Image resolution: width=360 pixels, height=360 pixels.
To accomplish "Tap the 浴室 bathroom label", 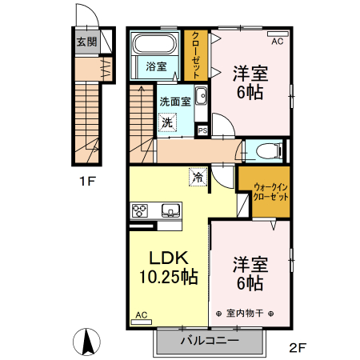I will pyautogui.click(x=156, y=66).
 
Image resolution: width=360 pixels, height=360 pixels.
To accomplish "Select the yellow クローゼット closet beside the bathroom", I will pyautogui.click(x=195, y=54).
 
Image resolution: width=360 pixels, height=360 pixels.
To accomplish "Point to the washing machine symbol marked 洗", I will pyautogui.click(x=167, y=122).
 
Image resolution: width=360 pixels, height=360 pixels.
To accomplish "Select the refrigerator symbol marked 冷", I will pyautogui.click(x=196, y=177).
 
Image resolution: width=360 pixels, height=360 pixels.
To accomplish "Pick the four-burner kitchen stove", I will pyautogui.click(x=141, y=211).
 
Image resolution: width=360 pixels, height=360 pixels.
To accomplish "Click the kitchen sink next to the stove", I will pyautogui.click(x=170, y=211).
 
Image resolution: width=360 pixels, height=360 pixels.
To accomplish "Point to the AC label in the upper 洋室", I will pyautogui.click(x=278, y=40).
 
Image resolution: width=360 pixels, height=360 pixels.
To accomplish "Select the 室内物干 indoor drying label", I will pyautogui.click(x=245, y=312).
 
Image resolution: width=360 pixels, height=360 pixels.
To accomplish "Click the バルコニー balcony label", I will pyautogui.click(x=209, y=340).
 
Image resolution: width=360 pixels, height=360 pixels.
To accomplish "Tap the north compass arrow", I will pyautogui.click(x=87, y=342).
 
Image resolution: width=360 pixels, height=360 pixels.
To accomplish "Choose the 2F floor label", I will pyautogui.click(x=298, y=347).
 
